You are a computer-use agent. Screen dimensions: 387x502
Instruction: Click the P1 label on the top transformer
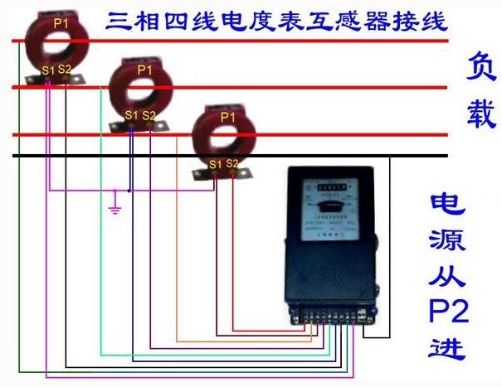point(61,23)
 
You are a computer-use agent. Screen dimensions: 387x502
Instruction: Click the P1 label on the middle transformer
point(145,70)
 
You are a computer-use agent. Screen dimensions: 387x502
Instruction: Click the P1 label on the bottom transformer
point(227,118)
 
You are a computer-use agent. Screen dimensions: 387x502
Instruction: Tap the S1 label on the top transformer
point(48,70)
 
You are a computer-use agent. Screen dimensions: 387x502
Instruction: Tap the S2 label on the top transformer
point(66,70)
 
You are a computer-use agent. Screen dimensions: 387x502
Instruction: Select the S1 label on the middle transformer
point(131,115)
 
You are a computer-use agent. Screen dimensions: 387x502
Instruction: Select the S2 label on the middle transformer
point(149,115)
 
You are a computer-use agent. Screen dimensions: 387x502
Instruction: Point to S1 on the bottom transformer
point(215,164)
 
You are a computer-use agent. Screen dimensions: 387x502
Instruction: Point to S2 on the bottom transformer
point(232,163)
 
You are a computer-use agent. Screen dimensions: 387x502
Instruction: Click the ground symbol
point(115,206)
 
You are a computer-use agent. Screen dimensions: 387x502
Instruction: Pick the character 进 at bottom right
point(449,348)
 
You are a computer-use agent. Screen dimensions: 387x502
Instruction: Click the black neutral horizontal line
point(249,155)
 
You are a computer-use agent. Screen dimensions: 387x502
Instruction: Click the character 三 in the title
point(116,21)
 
